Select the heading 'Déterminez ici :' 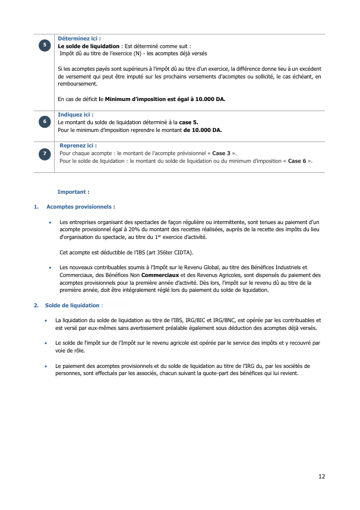79,39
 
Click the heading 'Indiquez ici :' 75,115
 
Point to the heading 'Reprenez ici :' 78,145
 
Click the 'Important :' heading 73,192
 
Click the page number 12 321,476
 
